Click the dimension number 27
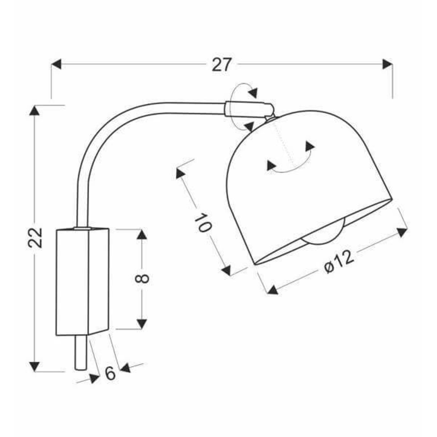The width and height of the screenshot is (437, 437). [221, 65]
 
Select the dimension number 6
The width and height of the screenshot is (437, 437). [110, 373]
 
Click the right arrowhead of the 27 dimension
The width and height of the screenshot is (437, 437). [387, 65]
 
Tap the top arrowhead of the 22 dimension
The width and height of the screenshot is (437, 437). [35, 111]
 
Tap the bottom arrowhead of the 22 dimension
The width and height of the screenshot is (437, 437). [35, 366]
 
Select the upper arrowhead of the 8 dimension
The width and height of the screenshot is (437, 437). [142, 235]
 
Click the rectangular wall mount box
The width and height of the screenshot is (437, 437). [82, 281]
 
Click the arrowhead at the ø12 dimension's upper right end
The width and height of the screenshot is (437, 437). [402, 232]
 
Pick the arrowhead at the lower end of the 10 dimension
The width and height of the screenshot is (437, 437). [227, 270]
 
